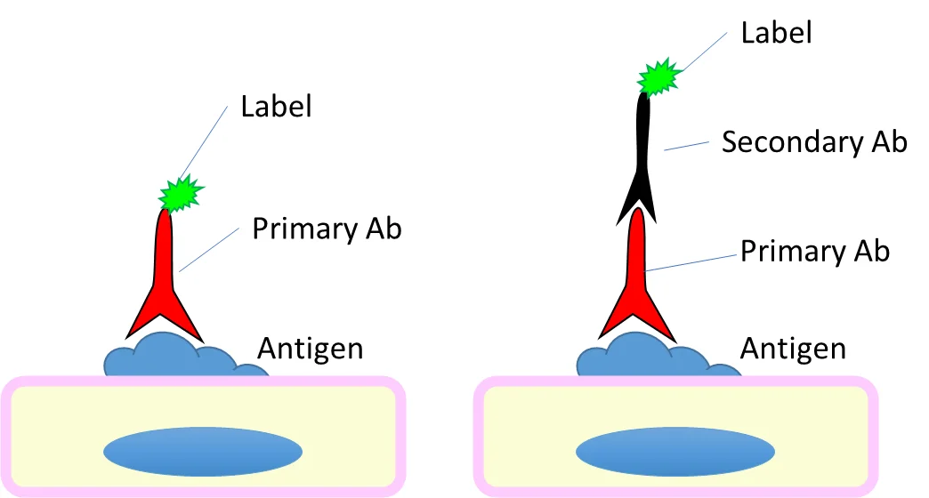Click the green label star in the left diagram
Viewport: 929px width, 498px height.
(x=181, y=193)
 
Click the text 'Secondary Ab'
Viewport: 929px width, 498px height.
(x=813, y=142)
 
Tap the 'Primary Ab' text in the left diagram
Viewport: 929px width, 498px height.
(x=327, y=229)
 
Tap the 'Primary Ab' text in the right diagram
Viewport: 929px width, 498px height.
(x=814, y=252)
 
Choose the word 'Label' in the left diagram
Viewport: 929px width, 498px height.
(x=276, y=108)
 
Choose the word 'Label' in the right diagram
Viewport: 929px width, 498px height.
(x=776, y=34)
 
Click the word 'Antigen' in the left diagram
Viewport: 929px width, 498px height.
(x=310, y=348)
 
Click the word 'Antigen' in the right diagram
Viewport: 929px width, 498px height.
(x=792, y=348)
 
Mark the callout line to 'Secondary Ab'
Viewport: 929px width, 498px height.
(x=685, y=146)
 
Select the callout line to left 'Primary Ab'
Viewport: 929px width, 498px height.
(x=209, y=249)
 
